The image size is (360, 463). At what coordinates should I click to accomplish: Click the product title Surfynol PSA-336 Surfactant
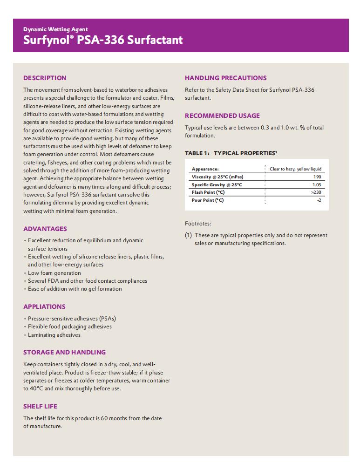pyautogui.click(x=103, y=40)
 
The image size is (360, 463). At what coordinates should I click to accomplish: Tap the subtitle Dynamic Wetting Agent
pyautogui.click(x=55, y=29)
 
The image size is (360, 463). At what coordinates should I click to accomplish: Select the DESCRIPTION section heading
pyautogui.click(x=45, y=78)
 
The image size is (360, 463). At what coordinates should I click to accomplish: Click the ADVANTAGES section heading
pyautogui.click(x=45, y=229)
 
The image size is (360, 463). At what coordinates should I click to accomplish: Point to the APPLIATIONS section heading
pyautogui.click(x=44, y=306)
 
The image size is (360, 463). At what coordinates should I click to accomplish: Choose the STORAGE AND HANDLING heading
pyautogui.click(x=64, y=352)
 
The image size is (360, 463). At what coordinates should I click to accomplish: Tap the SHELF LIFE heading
pyautogui.click(x=40, y=406)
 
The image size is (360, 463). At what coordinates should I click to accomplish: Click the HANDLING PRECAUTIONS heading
pyautogui.click(x=225, y=78)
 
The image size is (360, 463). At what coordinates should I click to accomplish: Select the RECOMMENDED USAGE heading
pyautogui.click(x=222, y=116)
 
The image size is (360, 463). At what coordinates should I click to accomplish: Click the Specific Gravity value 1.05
pyautogui.click(x=317, y=185)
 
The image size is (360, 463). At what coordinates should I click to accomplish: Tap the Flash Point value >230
pyautogui.click(x=315, y=192)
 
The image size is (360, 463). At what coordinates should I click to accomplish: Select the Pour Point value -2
pyautogui.click(x=319, y=200)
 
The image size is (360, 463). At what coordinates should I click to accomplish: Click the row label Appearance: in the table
pyautogui.click(x=205, y=169)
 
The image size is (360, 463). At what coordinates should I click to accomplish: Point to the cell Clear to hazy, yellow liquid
pyautogui.click(x=295, y=169)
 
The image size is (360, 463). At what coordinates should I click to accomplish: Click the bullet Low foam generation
pyautogui.click(x=54, y=273)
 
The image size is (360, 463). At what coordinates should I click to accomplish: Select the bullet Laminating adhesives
pyautogui.click(x=54, y=335)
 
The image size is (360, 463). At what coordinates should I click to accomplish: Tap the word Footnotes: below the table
pyautogui.click(x=198, y=224)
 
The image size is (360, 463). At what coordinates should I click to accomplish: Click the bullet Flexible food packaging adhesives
pyautogui.click(x=69, y=327)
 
